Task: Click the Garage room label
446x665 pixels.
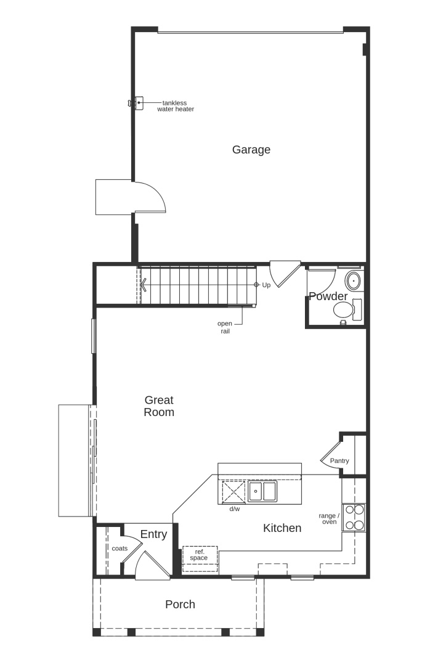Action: (x=251, y=150)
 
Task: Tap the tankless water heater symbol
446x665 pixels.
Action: (x=136, y=103)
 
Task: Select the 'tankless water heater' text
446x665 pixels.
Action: (x=176, y=106)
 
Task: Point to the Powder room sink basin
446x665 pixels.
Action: (x=353, y=281)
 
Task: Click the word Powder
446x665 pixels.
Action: (x=328, y=296)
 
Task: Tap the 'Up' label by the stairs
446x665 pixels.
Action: (x=266, y=285)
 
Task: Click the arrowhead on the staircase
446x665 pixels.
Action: (x=144, y=285)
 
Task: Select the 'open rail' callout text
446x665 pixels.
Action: (x=225, y=327)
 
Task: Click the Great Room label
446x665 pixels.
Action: (x=159, y=406)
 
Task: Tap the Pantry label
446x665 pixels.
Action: (x=339, y=460)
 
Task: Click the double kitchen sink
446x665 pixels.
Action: (x=262, y=491)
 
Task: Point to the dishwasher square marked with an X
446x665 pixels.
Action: (x=234, y=492)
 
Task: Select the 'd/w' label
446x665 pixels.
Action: (x=235, y=509)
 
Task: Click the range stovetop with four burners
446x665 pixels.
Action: (x=354, y=518)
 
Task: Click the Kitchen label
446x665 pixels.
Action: (x=282, y=528)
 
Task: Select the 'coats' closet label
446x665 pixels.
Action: (x=120, y=549)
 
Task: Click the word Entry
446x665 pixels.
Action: (x=153, y=534)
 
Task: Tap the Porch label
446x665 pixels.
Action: (x=180, y=605)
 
